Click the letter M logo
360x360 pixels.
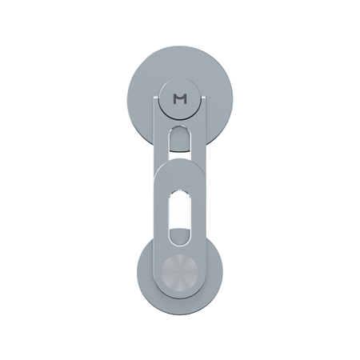[x=181, y=99]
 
